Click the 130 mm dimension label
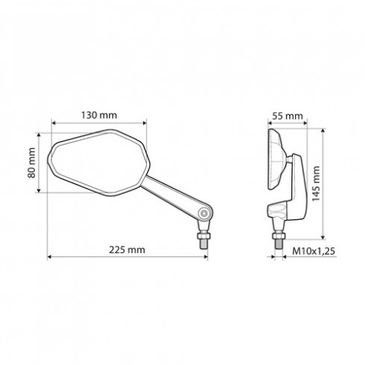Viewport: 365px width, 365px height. pyautogui.click(x=99, y=115)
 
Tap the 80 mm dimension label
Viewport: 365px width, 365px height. pyautogui.click(x=31, y=163)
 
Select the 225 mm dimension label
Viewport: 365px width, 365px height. pyautogui.click(x=127, y=250)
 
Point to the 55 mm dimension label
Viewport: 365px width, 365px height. pyautogui.click(x=288, y=116)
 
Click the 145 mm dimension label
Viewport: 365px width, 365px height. pyautogui.click(x=316, y=184)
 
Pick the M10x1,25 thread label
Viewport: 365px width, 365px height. pyautogui.click(x=314, y=251)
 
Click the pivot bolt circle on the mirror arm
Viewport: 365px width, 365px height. pyautogui.click(x=204, y=212)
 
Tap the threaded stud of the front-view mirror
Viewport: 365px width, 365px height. pyautogui.click(x=204, y=244)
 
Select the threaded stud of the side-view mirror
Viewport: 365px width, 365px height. pyautogui.click(x=279, y=244)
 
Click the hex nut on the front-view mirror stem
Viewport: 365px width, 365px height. pyautogui.click(x=204, y=235)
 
